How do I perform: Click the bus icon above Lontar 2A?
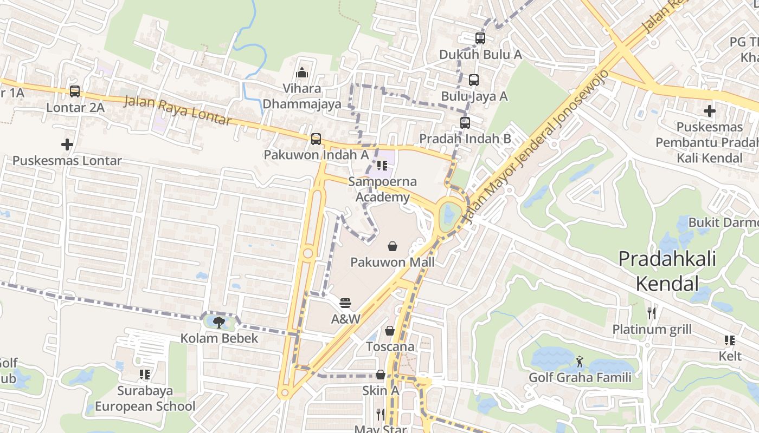pos(75,91)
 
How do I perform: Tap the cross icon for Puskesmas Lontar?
pos(67,145)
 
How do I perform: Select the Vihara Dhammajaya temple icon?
pos(302,72)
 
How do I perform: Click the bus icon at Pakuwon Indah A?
pos(316,139)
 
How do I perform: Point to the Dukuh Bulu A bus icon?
pos(480,38)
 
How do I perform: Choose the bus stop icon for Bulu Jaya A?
pos(474,80)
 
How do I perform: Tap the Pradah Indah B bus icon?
pos(465,123)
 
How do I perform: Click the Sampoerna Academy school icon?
pos(382,166)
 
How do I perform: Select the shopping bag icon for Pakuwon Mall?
pos(393,247)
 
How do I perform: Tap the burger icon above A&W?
pos(346,303)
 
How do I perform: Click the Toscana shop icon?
pos(390,331)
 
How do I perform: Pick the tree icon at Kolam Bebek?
pos(219,323)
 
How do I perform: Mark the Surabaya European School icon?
pos(145,375)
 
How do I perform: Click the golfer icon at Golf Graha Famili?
pos(580,362)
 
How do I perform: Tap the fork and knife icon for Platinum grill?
pos(652,313)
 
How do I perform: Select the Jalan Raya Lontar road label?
pos(178,110)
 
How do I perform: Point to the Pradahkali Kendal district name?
pos(667,271)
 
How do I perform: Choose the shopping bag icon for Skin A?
pos(381,375)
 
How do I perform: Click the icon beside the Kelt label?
pos(730,340)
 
